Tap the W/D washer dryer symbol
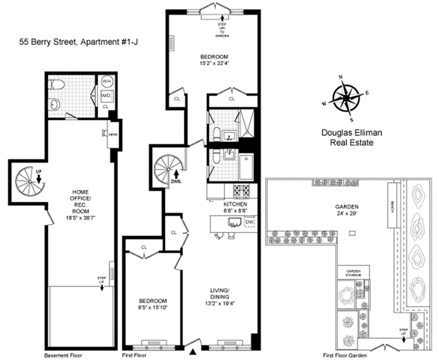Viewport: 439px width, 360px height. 106,95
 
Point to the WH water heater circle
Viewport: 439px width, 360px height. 107,81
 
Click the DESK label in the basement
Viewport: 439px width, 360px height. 113,133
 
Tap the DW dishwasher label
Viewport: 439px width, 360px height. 249,222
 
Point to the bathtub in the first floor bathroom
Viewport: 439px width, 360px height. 247,166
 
